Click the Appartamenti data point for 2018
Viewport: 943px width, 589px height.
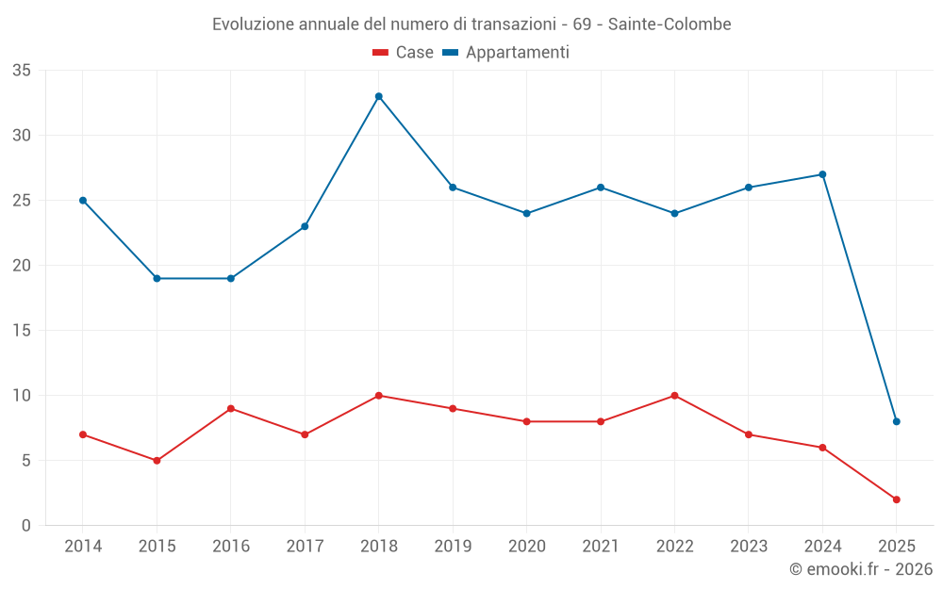378,96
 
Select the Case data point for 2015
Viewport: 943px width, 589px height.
157,461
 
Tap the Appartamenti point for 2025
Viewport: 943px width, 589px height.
896,421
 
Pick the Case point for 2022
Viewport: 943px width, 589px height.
674,396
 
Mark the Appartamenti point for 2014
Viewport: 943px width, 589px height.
83,201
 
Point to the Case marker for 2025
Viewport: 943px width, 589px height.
896,499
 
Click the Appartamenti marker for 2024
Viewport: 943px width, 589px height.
822,174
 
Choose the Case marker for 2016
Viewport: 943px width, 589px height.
230,409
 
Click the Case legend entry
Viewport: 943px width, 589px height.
404,53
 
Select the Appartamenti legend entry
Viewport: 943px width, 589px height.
506,53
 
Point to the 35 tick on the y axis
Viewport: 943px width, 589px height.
22,71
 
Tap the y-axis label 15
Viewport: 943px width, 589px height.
22,331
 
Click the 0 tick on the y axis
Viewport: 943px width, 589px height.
26,526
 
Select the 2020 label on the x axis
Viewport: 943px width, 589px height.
526,547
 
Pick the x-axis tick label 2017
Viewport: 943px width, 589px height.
305,547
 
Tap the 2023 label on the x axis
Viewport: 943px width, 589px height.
748,547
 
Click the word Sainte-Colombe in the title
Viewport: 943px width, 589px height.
670,25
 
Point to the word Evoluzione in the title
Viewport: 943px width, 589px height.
250,25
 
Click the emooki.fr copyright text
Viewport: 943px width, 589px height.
861,569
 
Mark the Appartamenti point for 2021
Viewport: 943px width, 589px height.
600,188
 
